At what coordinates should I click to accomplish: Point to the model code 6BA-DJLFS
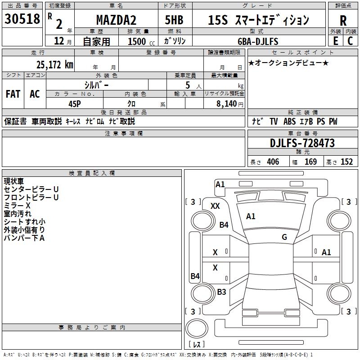[x=258, y=41]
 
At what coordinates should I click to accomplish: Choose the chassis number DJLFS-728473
[x=302, y=143]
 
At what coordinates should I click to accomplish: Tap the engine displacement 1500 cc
[x=140, y=41]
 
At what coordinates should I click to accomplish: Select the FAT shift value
[x=13, y=94]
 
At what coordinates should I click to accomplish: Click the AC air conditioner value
[x=35, y=94]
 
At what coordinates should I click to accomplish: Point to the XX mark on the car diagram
[x=215, y=206]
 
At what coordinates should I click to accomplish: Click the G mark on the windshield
[x=284, y=237]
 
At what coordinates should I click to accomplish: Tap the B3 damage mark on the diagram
[x=221, y=292]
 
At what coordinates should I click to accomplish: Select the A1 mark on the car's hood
[x=251, y=216]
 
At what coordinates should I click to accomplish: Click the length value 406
[x=273, y=162]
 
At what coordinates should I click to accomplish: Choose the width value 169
[x=310, y=162]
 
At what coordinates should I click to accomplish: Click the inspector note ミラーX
[x=17, y=205]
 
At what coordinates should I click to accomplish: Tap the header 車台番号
[x=302, y=134]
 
